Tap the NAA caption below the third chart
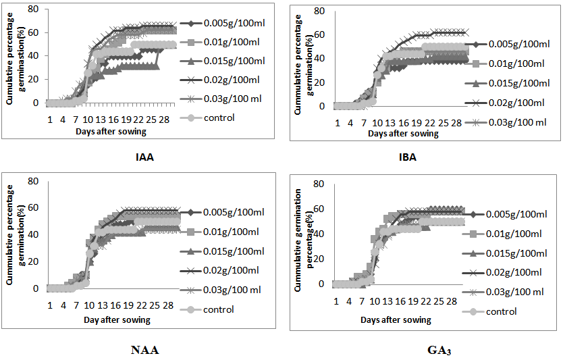[145, 350]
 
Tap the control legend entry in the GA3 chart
[501, 311]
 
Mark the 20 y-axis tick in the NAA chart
[32, 262]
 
